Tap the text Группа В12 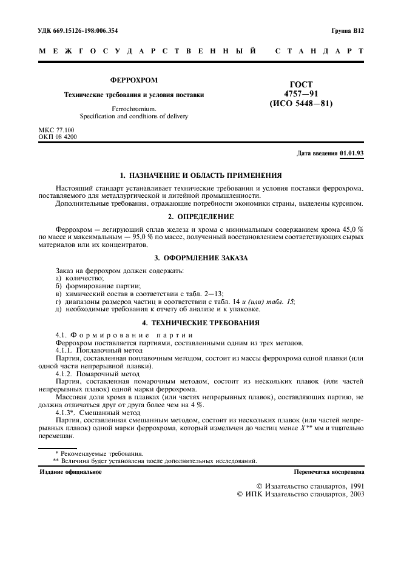click(348, 30)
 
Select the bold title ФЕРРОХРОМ click(133, 80)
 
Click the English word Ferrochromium click(133, 109)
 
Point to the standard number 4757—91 click(301, 93)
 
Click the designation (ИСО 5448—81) click(301, 104)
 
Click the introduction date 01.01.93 click(351, 154)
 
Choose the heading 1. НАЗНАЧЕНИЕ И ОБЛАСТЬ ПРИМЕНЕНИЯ click(200, 175)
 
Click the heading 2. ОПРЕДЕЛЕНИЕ click(200, 216)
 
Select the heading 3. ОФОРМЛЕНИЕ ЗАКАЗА click(200, 258)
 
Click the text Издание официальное click(70, 471)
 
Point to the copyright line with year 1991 click(309, 486)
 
